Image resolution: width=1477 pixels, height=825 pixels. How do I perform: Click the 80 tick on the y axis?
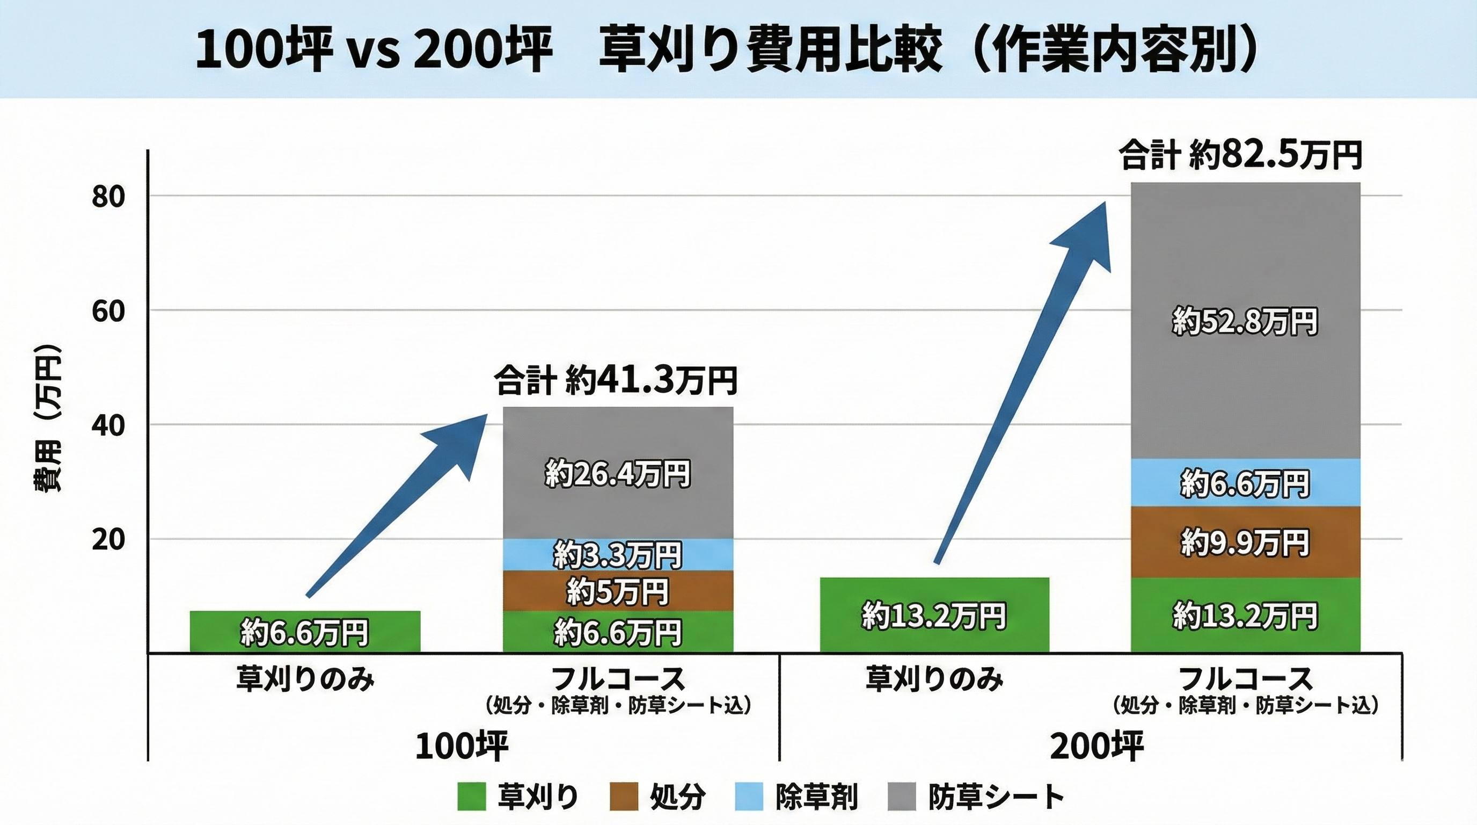(x=108, y=197)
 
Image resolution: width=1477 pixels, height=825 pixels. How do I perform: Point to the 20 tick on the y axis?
(x=108, y=540)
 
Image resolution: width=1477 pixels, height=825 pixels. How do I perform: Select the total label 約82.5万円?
(x=1241, y=155)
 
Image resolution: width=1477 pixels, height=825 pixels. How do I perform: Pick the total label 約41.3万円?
(x=616, y=380)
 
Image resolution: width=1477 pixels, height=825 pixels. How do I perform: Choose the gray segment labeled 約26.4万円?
(x=618, y=474)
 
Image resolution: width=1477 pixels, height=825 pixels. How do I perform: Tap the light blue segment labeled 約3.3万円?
(x=618, y=555)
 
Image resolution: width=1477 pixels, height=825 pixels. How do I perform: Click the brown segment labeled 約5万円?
(x=618, y=591)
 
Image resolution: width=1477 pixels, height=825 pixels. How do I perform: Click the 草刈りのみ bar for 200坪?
(x=934, y=615)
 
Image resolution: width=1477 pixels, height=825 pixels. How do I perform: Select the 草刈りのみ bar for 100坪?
(x=305, y=632)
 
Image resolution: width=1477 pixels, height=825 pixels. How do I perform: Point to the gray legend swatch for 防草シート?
(x=902, y=797)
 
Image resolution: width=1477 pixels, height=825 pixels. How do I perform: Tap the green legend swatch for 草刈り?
(x=471, y=797)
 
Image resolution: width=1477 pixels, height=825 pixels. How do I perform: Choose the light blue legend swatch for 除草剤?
(x=749, y=797)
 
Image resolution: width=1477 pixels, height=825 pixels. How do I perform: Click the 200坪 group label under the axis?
(x=1096, y=746)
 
